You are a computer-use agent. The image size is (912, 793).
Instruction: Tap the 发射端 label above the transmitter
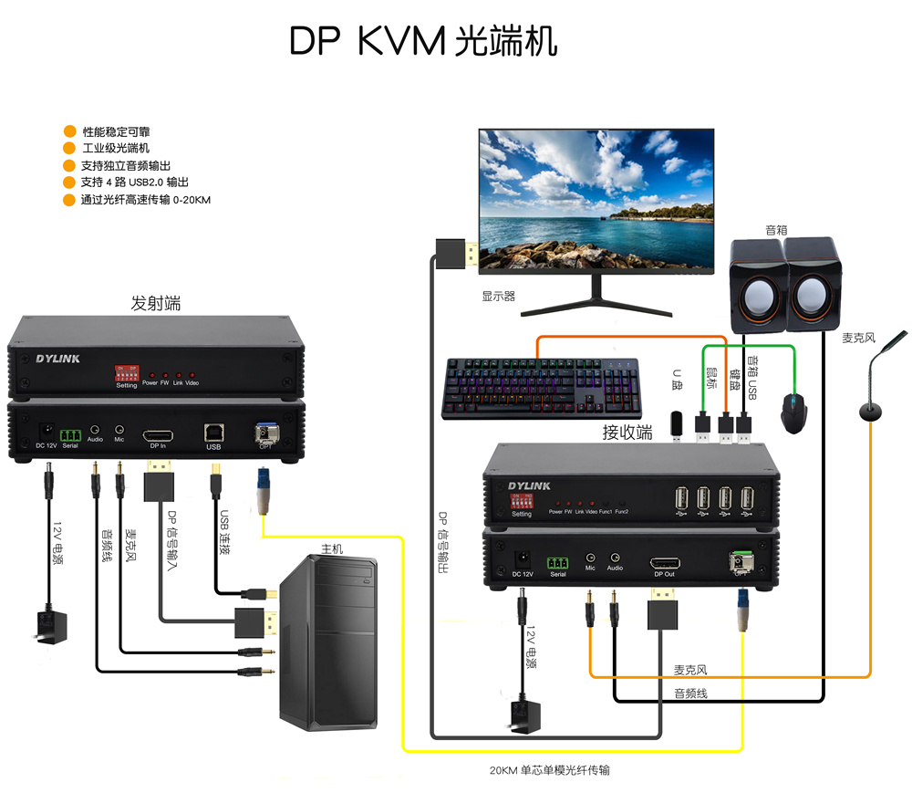(156, 303)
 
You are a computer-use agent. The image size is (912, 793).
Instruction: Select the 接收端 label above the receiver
(627, 433)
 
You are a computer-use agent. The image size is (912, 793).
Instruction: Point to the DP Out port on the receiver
(663, 561)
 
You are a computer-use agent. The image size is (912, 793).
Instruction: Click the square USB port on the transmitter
(214, 432)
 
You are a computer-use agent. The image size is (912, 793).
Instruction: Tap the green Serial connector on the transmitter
(70, 434)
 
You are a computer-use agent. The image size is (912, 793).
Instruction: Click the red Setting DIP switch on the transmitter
(126, 373)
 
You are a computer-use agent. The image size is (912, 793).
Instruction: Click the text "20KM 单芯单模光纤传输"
(549, 770)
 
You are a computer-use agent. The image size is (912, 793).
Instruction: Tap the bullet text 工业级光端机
(116, 148)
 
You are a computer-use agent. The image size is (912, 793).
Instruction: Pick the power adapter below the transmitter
(52, 627)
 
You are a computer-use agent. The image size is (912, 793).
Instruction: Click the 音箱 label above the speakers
(776, 230)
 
